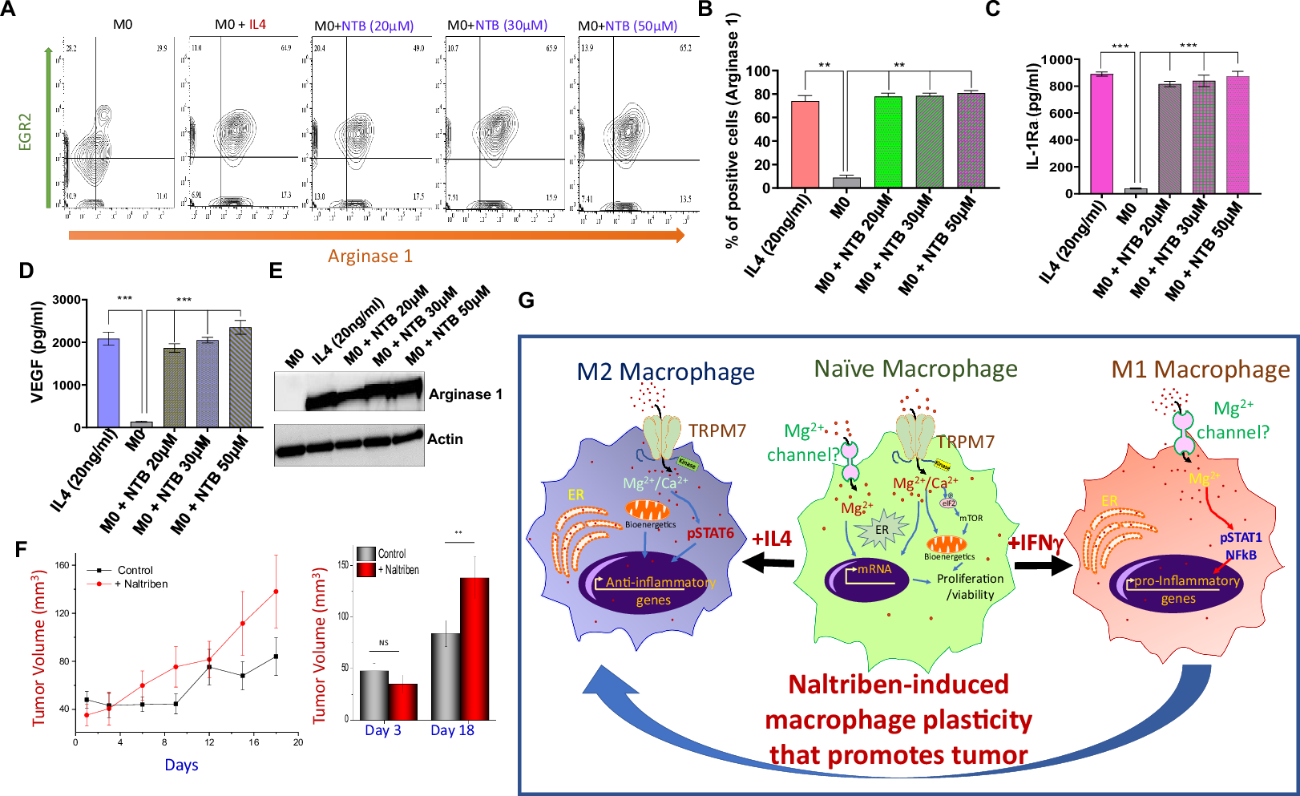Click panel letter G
tap(526, 301)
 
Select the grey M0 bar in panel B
tap(846, 182)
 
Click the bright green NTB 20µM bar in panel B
tap(888, 142)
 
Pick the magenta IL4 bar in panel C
tap(1101, 133)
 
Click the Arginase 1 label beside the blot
tap(466, 394)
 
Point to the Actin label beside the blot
tap(445, 439)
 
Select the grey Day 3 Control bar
tap(374, 694)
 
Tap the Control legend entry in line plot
tap(135, 570)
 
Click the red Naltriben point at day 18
tap(276, 592)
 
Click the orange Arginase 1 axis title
tap(370, 257)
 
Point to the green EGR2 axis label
tap(25, 131)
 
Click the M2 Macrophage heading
tap(665, 372)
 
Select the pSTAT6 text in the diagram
tap(710, 533)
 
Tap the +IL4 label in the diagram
tap(771, 539)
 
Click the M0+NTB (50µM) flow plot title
tap(628, 26)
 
